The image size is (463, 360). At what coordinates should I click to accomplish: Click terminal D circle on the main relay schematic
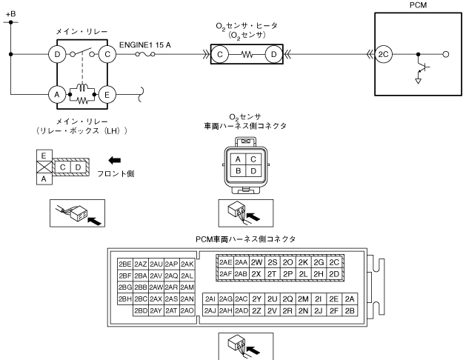[56, 53]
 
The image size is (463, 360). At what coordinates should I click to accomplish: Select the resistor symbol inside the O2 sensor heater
[248, 53]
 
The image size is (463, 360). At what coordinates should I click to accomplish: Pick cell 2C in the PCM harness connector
[334, 263]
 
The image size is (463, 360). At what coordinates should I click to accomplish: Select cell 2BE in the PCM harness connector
[125, 264]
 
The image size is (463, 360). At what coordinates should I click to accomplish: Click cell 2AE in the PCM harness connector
[226, 263]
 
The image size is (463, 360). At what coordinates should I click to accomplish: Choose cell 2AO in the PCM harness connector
[187, 310]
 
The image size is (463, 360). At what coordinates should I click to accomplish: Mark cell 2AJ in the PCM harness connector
[210, 310]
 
